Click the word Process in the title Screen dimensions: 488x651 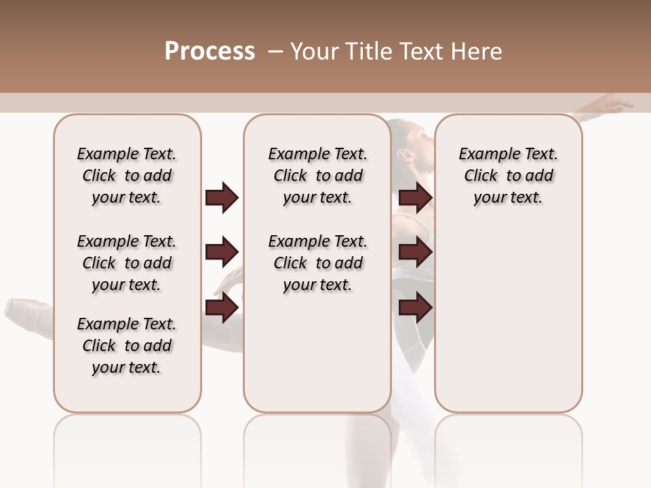click(x=210, y=51)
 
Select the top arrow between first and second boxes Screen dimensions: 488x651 click(x=222, y=197)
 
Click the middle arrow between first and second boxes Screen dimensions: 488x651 click(x=222, y=252)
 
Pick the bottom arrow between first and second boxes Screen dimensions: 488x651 click(x=222, y=307)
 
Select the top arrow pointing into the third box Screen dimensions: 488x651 click(x=415, y=197)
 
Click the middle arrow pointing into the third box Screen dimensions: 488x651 click(x=415, y=252)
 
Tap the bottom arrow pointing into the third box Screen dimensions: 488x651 click(x=415, y=307)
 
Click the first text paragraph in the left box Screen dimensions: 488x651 click(x=127, y=176)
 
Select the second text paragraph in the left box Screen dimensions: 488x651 click(x=127, y=263)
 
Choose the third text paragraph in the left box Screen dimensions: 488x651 click(x=127, y=346)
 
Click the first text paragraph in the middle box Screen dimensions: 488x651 click(x=317, y=176)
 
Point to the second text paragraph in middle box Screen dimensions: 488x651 click(x=317, y=263)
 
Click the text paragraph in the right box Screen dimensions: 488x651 click(x=508, y=176)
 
